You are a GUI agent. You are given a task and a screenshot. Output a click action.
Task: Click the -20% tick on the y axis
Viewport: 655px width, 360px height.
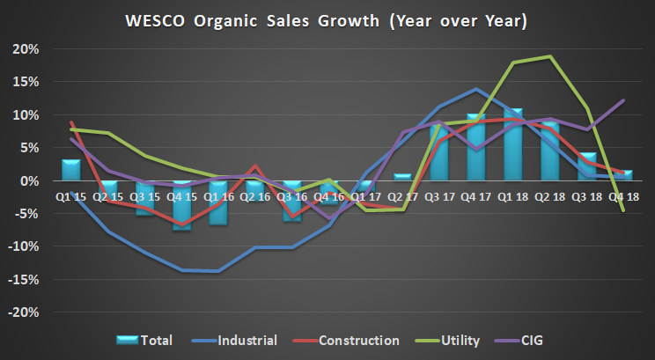(25, 312)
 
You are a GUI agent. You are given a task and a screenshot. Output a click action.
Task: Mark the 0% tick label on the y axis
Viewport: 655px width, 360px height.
(29, 181)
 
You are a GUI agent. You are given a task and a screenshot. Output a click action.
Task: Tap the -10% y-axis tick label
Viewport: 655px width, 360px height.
(25, 247)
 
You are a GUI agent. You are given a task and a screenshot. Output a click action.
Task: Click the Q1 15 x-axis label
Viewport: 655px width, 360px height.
(70, 196)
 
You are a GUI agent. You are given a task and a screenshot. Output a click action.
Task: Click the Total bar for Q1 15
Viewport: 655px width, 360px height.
(70, 170)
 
